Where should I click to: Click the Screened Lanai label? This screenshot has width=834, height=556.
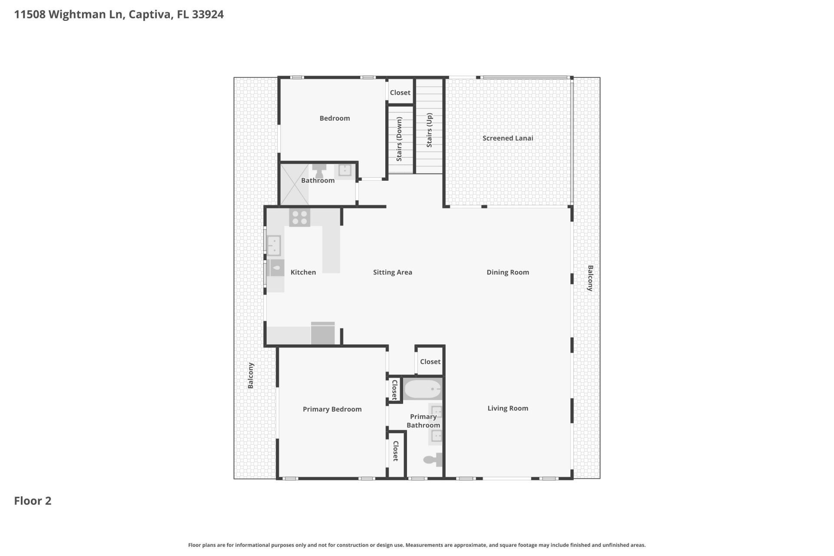click(x=507, y=138)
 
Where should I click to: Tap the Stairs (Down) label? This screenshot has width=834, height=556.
click(x=399, y=139)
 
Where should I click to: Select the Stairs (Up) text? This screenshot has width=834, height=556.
click(x=429, y=130)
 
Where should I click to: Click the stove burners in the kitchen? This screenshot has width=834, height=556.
click(x=299, y=217)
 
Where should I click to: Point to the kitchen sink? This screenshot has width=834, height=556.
click(x=274, y=245)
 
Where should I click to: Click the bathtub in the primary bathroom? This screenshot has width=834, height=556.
click(x=423, y=389)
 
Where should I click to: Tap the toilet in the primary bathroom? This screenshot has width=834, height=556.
click(x=433, y=460)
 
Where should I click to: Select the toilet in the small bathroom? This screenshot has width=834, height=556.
click(x=319, y=170)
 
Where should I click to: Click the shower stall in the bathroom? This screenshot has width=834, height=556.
click(x=294, y=185)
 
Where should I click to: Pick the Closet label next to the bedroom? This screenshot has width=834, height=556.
click(x=400, y=93)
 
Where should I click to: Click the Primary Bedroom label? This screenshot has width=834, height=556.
click(x=332, y=409)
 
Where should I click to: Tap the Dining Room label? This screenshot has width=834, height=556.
click(x=507, y=272)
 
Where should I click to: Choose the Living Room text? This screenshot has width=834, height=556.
click(x=507, y=408)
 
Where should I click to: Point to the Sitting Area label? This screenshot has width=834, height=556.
click(x=392, y=272)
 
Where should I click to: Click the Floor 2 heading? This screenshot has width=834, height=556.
click(x=33, y=501)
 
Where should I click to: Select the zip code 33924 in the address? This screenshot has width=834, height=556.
click(x=208, y=14)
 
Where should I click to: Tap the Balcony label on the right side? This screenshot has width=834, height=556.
click(x=590, y=278)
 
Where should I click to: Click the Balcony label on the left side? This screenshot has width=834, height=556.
click(x=251, y=376)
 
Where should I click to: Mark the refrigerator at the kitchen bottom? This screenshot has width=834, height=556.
click(x=323, y=333)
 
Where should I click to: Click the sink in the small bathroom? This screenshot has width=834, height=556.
click(x=345, y=170)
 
